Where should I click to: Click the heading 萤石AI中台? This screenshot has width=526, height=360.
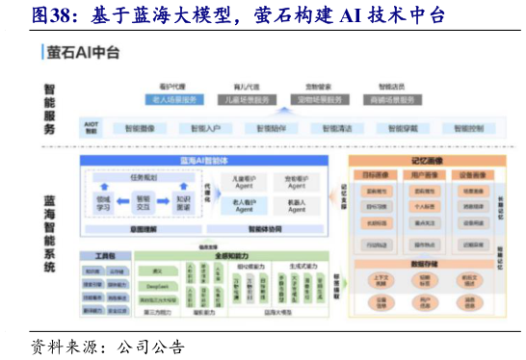(84, 53)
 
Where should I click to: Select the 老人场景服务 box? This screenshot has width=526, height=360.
(173, 98)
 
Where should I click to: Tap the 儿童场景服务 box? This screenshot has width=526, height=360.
(245, 98)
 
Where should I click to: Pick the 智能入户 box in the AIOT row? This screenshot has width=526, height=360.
(205, 127)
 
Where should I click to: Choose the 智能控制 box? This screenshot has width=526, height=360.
(467, 127)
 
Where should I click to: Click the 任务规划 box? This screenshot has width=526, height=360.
(145, 177)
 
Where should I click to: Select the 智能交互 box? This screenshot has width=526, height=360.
(144, 201)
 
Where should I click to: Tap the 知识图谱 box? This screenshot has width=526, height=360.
(183, 201)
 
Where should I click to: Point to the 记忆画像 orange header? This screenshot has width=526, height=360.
(426, 161)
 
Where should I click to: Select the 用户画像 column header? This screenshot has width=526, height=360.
(426, 176)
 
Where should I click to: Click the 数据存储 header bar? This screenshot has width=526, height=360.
(426, 262)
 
